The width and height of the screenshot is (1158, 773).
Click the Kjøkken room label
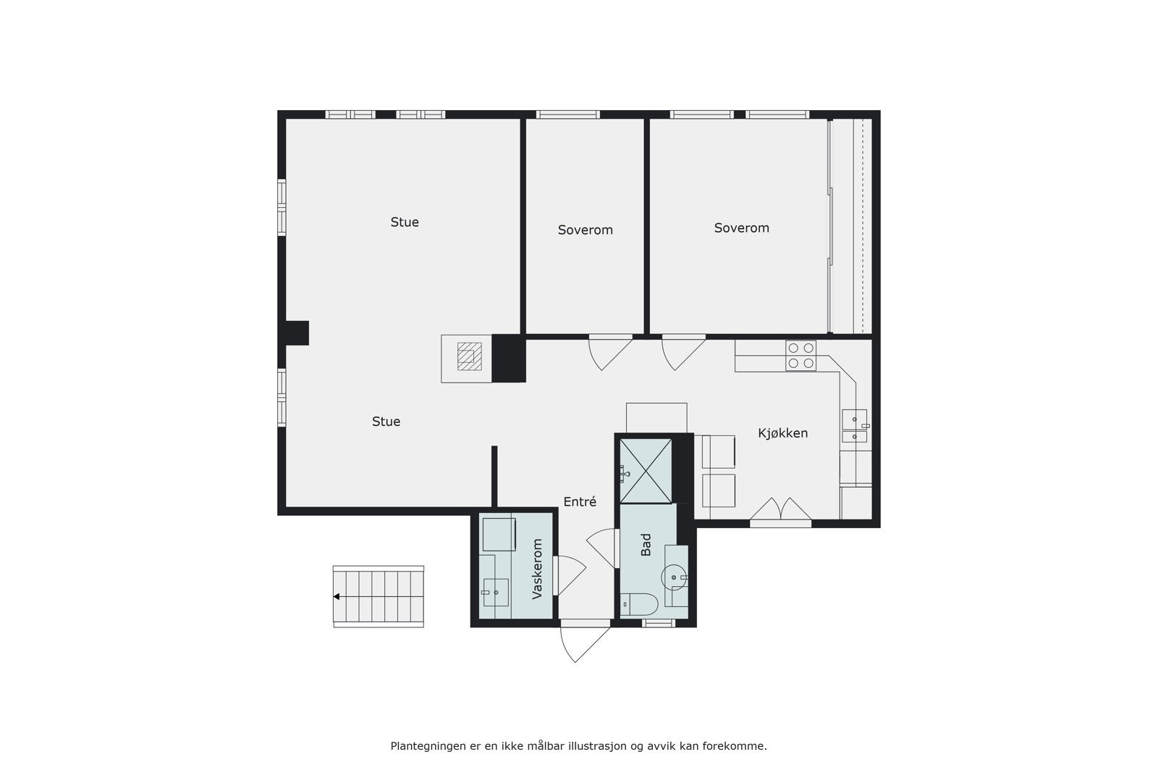tap(782, 433)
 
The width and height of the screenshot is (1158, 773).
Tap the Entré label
tap(580, 501)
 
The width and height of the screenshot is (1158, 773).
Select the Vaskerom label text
tap(537, 569)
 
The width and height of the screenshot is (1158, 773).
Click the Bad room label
tap(646, 544)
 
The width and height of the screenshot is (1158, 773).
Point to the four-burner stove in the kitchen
tap(800, 356)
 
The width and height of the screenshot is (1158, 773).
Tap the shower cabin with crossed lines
tap(646, 470)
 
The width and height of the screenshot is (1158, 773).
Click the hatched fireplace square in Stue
tap(468, 356)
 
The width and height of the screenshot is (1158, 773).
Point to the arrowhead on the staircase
tap(337, 597)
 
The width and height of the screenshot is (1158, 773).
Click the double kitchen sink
tap(854, 427)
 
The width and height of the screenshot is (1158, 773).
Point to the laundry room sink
tap(496, 592)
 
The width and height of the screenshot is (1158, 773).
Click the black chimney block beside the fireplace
tap(508, 358)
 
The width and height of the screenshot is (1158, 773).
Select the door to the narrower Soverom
tap(609, 352)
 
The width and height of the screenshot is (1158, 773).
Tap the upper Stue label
tap(405, 222)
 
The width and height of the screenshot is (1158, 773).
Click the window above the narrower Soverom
tap(567, 114)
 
